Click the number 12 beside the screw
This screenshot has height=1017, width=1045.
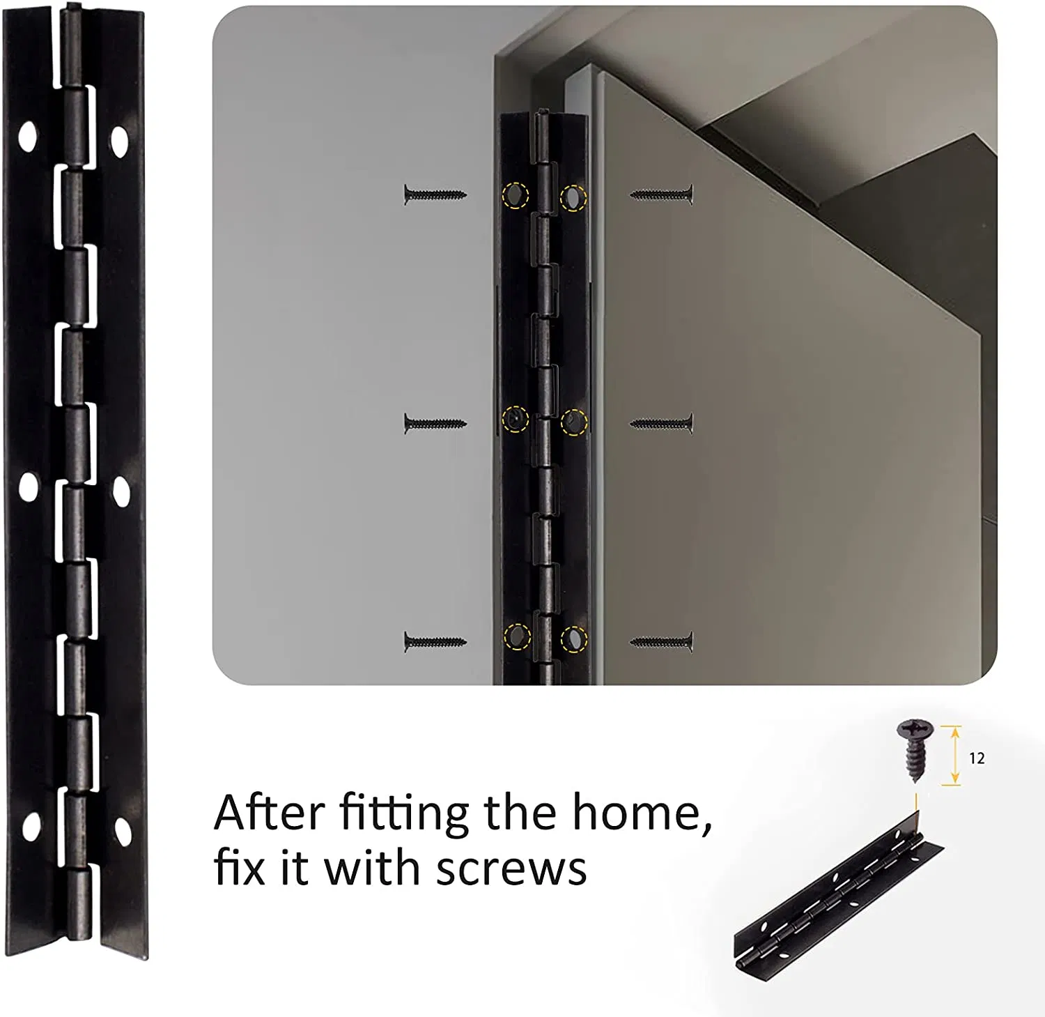[x=977, y=758]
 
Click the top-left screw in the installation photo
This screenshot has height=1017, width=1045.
[x=434, y=194]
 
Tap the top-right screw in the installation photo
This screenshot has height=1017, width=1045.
[x=662, y=194]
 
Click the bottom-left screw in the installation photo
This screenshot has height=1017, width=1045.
[x=434, y=641]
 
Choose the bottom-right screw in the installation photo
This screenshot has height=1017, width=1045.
[x=662, y=641]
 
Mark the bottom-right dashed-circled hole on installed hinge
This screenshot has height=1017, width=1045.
[x=573, y=638]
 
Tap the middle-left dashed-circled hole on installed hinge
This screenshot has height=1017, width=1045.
[x=515, y=418]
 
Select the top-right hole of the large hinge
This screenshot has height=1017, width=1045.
[x=120, y=142]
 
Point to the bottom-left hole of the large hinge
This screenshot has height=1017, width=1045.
[x=30, y=826]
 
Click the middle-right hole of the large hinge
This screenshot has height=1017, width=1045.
[x=121, y=492]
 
